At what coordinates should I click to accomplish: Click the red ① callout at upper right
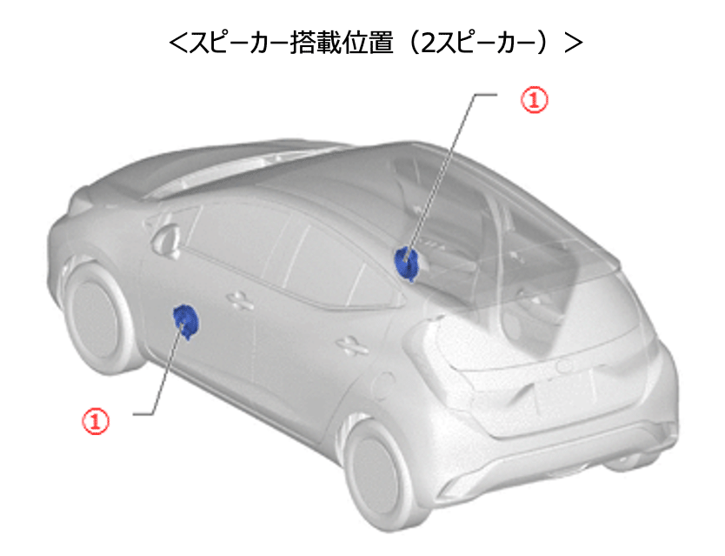(535, 100)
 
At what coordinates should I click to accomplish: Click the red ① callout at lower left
(96, 421)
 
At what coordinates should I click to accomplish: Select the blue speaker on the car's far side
(407, 264)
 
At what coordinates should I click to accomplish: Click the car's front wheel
(96, 318)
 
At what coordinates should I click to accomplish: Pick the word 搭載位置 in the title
(342, 43)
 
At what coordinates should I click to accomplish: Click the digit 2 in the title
(429, 43)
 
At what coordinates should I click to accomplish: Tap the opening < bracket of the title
(177, 43)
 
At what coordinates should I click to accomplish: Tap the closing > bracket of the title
(574, 43)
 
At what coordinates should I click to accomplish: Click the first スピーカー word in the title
(239, 43)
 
